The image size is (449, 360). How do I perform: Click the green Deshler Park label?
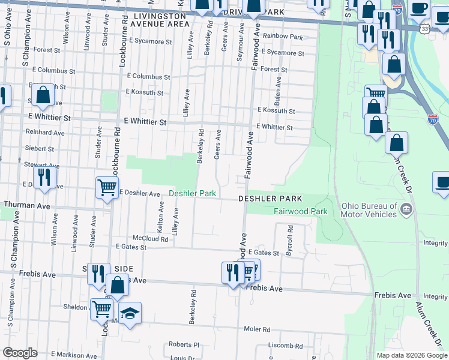point(191,194)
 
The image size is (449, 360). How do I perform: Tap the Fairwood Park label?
point(300,211)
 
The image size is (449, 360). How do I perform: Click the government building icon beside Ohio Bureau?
point(406,209)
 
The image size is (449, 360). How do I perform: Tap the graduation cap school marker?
point(130,314)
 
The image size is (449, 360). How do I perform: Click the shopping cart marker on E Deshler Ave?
point(107,187)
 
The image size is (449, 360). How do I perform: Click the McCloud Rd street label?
point(150,238)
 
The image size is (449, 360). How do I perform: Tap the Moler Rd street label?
point(257,329)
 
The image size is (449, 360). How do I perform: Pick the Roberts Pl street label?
point(184,345)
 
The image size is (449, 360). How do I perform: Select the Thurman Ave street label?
point(27,205)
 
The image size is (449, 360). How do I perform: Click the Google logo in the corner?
point(20,353)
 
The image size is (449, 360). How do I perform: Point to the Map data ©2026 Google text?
point(412,355)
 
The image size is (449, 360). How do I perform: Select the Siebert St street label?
point(40,148)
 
